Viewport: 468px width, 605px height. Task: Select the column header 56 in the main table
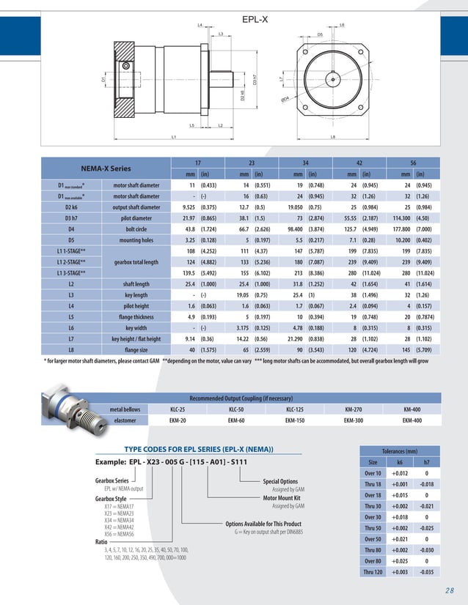tap(413, 163)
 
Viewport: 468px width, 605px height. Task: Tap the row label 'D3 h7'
tap(72, 218)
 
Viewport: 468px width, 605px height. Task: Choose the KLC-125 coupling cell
tap(295, 409)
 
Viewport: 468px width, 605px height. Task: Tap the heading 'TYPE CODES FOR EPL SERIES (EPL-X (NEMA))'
tap(199, 449)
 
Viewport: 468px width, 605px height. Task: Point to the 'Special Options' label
tap(280, 481)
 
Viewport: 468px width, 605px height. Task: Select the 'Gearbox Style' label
tap(111, 498)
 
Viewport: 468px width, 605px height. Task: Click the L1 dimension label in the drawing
tap(174, 137)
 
